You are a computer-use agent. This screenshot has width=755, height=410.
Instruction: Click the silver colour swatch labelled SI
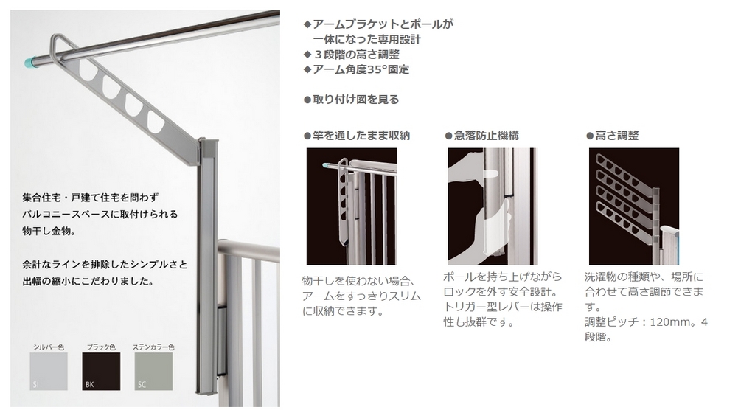point(49,371)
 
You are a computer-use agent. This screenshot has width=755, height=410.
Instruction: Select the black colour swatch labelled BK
point(100,371)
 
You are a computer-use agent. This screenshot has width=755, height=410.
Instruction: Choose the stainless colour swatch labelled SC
point(153,371)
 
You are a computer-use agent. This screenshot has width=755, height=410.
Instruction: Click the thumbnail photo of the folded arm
point(351,206)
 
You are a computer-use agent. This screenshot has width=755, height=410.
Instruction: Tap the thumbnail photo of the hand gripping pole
point(493,206)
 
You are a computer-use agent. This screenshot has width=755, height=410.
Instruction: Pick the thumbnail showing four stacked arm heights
point(633,206)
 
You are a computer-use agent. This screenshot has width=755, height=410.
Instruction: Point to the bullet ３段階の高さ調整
point(356,55)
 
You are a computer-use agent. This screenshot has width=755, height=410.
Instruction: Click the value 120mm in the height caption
point(667,322)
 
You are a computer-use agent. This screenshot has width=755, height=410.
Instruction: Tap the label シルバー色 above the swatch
point(49,346)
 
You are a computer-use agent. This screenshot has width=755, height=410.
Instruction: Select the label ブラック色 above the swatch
point(100,346)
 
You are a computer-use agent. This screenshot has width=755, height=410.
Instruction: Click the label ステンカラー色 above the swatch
point(153,346)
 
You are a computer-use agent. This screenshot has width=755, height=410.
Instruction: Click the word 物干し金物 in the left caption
point(49,232)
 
